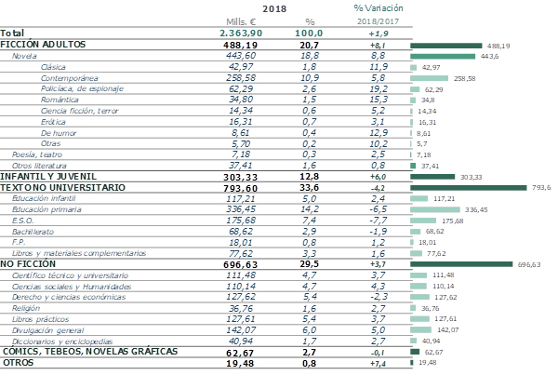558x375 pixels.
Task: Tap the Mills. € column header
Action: coord(241,21)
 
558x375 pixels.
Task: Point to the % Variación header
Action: coord(378,7)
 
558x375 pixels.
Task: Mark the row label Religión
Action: coord(27,309)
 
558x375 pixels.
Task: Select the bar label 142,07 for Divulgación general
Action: coord(448,329)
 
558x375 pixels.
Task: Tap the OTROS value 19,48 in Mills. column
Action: coord(241,364)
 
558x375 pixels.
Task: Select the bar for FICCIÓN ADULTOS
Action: coord(446,45)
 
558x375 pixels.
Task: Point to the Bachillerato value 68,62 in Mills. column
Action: coord(241,232)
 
